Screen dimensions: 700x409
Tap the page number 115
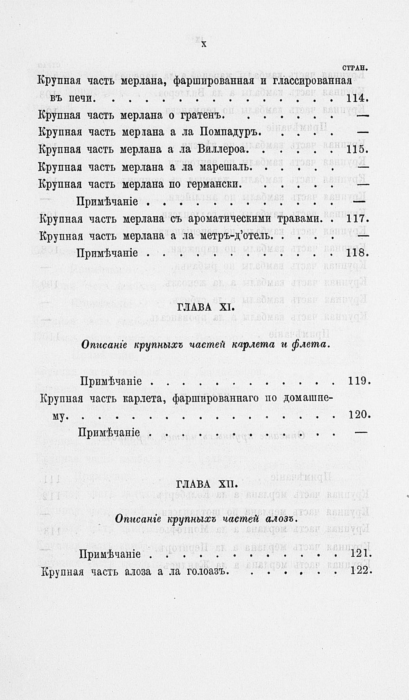(x=357, y=150)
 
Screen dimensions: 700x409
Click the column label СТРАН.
(x=355, y=67)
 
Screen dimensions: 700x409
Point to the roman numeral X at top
(x=203, y=44)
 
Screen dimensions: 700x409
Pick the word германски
(x=214, y=184)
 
